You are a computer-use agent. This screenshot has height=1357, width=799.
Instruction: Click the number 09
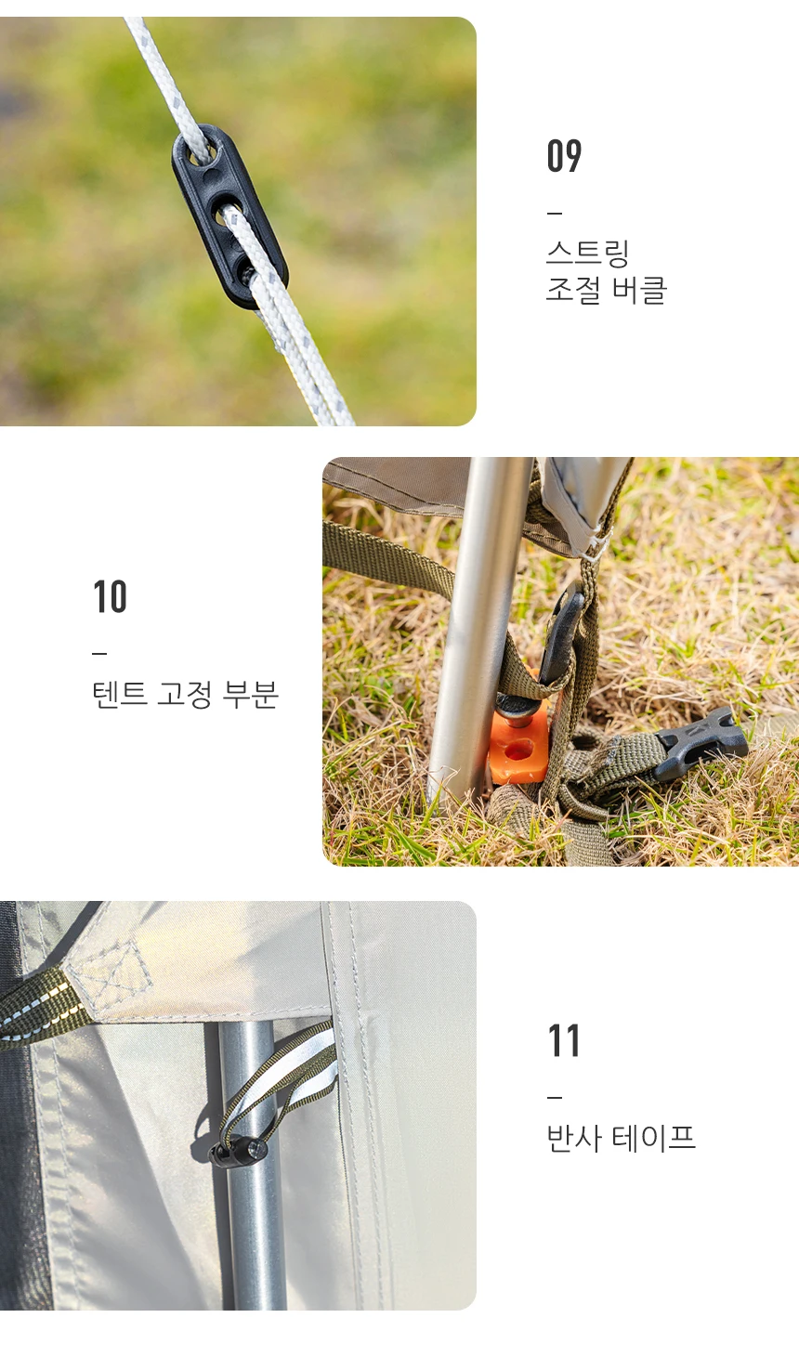[x=564, y=155]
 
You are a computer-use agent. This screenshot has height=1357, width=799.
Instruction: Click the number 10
[x=110, y=596]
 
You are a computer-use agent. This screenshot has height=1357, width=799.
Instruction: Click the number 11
[x=564, y=1041]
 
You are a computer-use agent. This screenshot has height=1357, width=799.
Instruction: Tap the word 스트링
[x=587, y=254]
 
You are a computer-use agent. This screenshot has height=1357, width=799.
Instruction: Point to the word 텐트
[x=119, y=694]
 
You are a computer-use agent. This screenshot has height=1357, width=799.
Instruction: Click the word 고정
[x=184, y=694]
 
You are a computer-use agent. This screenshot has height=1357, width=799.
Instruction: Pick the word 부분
[x=250, y=694]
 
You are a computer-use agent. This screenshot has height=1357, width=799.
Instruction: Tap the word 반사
[x=574, y=1138]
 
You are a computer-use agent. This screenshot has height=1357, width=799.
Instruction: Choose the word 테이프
[x=654, y=1138]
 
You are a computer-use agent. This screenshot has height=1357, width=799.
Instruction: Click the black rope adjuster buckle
[x=229, y=216]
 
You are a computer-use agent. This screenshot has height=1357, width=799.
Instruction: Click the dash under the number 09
[x=555, y=213]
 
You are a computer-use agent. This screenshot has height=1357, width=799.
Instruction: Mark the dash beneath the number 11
[x=555, y=1097]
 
